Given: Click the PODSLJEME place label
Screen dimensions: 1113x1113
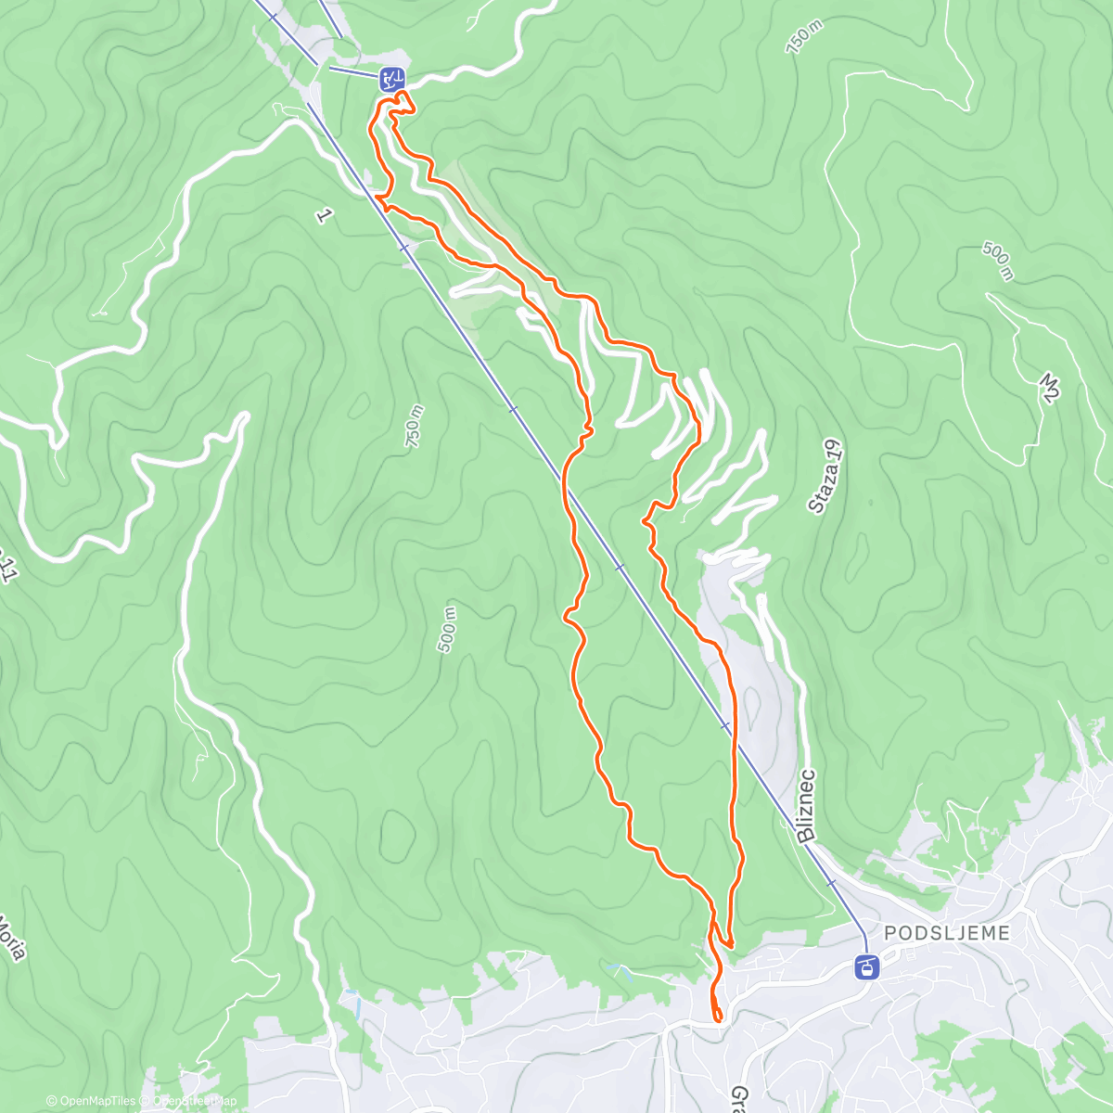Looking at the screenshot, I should (946, 933).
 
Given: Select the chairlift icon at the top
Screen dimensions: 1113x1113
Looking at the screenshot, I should (391, 78).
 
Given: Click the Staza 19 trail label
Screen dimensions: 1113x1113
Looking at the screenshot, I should (826, 477).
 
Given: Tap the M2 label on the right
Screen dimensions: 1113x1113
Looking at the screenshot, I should (1049, 388).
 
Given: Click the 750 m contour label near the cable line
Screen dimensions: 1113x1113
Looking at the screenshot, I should (414, 428).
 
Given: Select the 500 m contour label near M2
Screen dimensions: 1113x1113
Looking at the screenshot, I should (998, 262).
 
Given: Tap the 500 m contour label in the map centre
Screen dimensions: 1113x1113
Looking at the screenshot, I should (447, 630).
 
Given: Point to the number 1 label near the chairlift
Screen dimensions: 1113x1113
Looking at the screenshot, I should (323, 216).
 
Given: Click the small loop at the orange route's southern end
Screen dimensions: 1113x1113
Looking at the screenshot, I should (717, 1015).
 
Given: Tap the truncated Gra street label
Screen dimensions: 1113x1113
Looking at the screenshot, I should (740, 1100).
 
